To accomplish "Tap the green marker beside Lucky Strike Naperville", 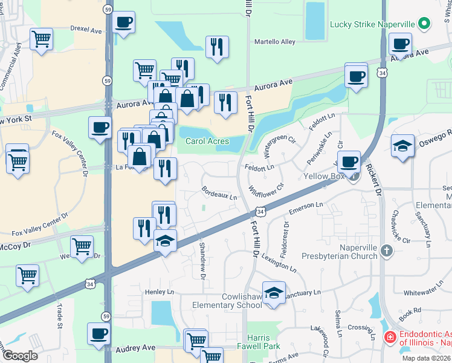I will point(425,24).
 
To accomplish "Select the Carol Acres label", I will point(207,142).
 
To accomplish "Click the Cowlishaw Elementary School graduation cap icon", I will point(274,293).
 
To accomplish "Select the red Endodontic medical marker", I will point(390,336).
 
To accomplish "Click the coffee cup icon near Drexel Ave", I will point(124,23).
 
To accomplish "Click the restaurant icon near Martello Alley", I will point(217,47).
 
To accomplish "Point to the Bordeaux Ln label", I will point(219,195).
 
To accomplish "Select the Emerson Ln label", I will point(306,208).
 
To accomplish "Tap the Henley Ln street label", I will point(159,292).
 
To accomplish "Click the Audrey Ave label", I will point(136,348).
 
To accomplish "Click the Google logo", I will point(20,356).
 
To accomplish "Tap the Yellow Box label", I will point(324,177).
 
